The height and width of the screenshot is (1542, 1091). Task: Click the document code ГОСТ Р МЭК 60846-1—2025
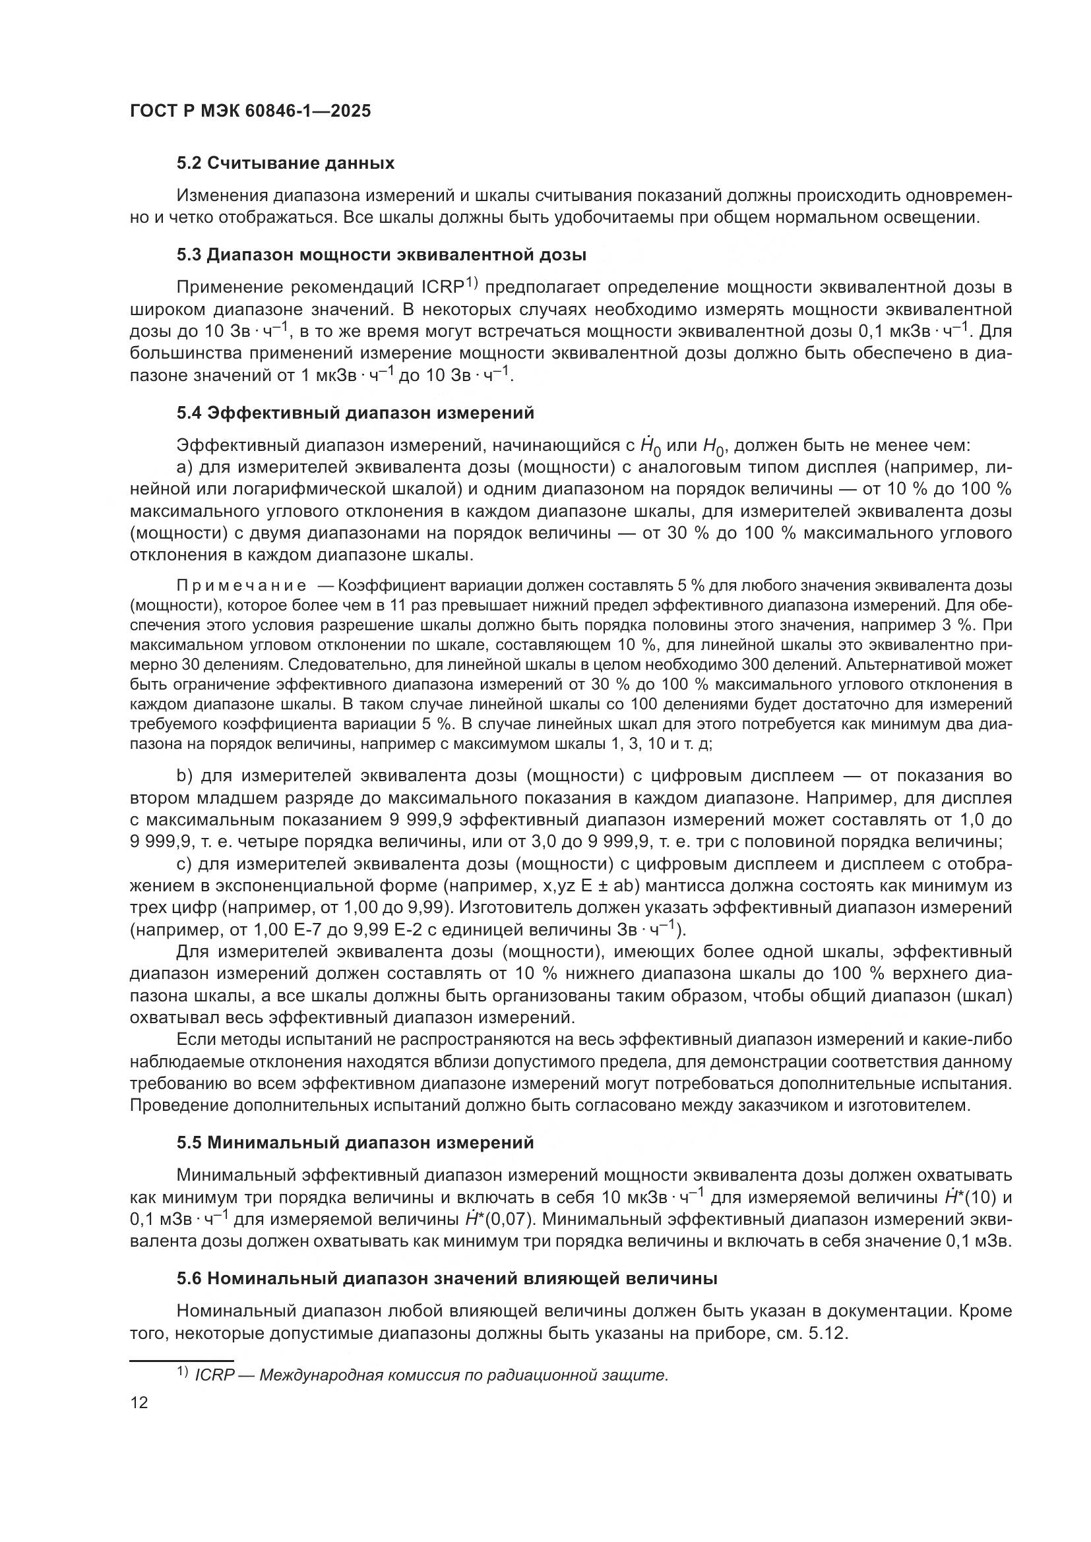[x=249, y=111]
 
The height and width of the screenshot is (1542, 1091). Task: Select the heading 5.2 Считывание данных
[x=286, y=163]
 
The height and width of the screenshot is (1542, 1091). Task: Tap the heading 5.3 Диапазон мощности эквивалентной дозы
[x=381, y=255]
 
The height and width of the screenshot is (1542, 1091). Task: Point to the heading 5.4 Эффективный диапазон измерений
[x=356, y=413]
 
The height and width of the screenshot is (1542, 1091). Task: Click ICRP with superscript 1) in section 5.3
[x=449, y=287]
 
